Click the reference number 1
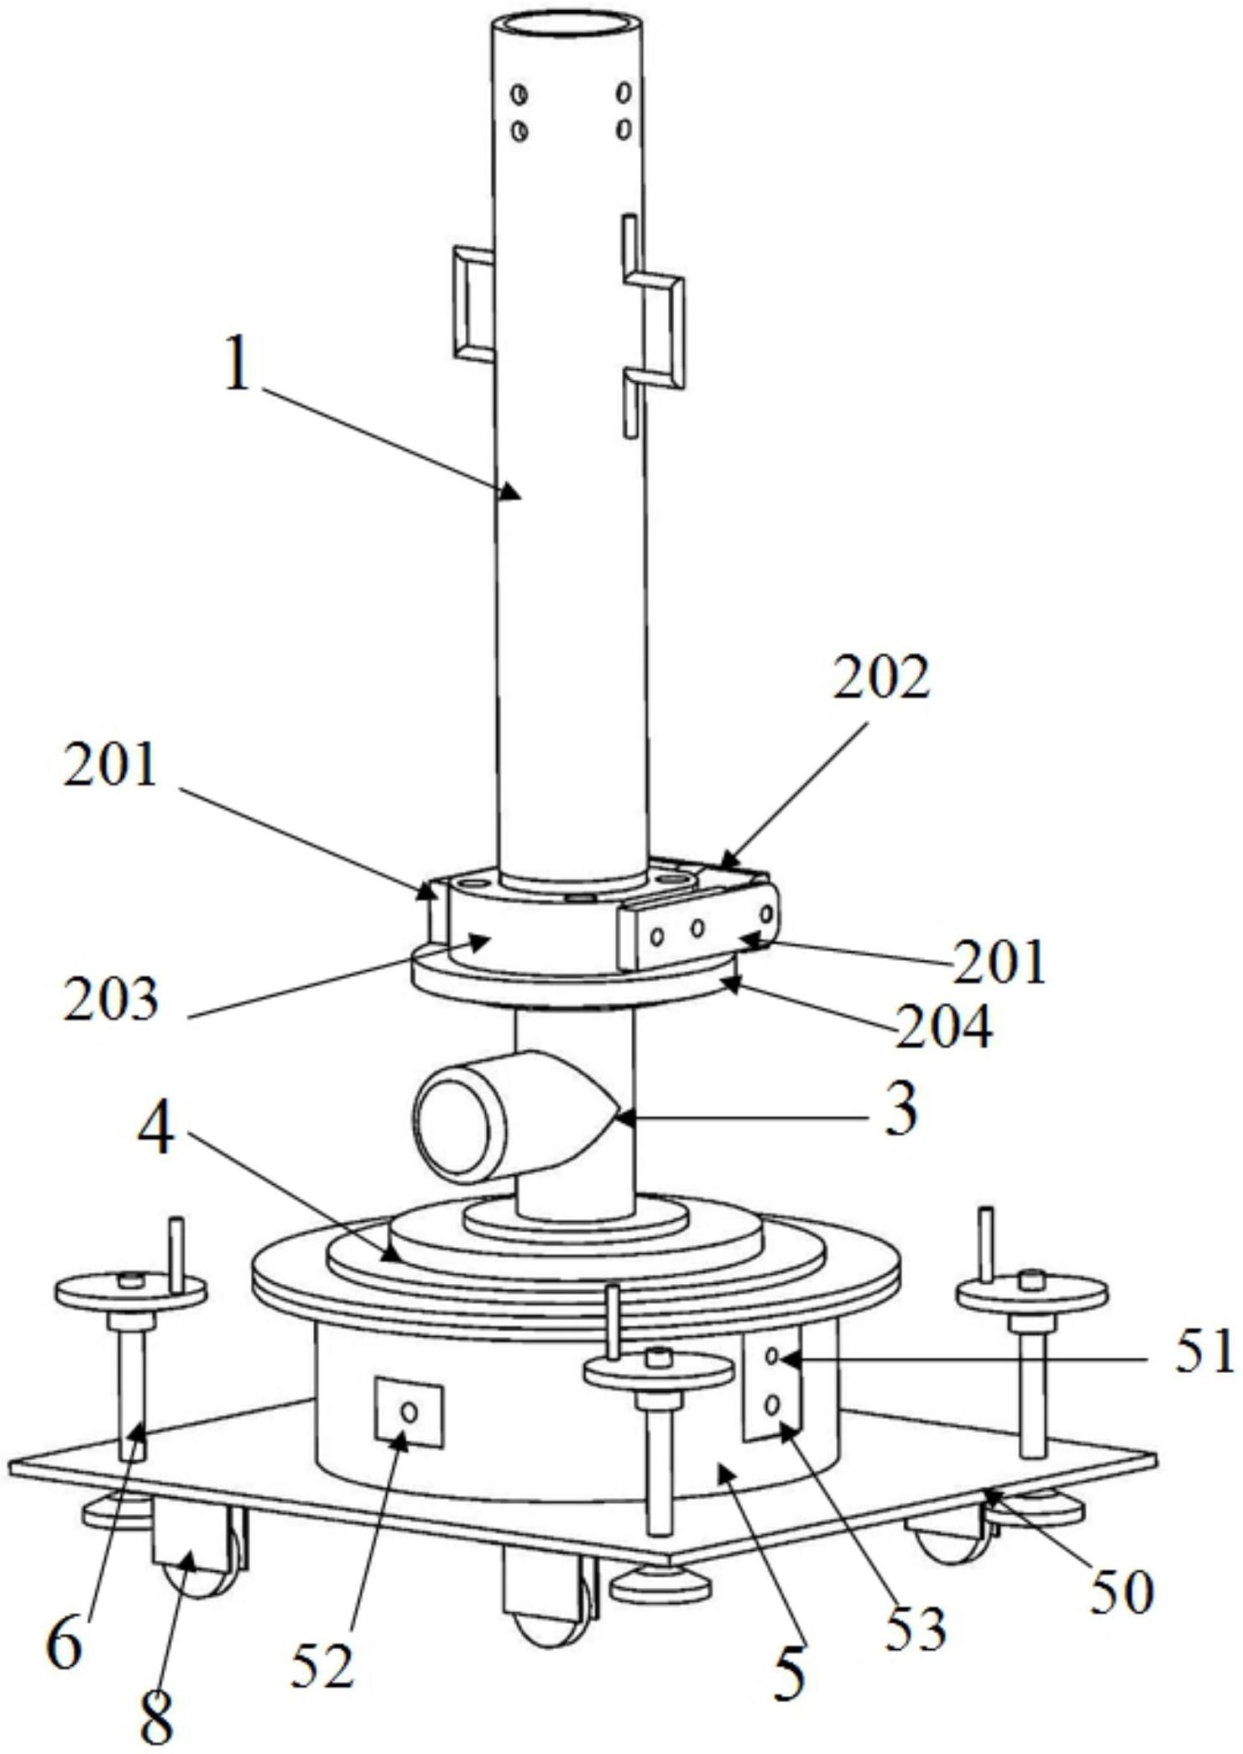pyautogui.click(x=238, y=362)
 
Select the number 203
pyautogui.click(x=111, y=998)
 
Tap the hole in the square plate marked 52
pyautogui.click(x=409, y=1412)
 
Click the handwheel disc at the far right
pyautogui.click(x=1031, y=1296)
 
